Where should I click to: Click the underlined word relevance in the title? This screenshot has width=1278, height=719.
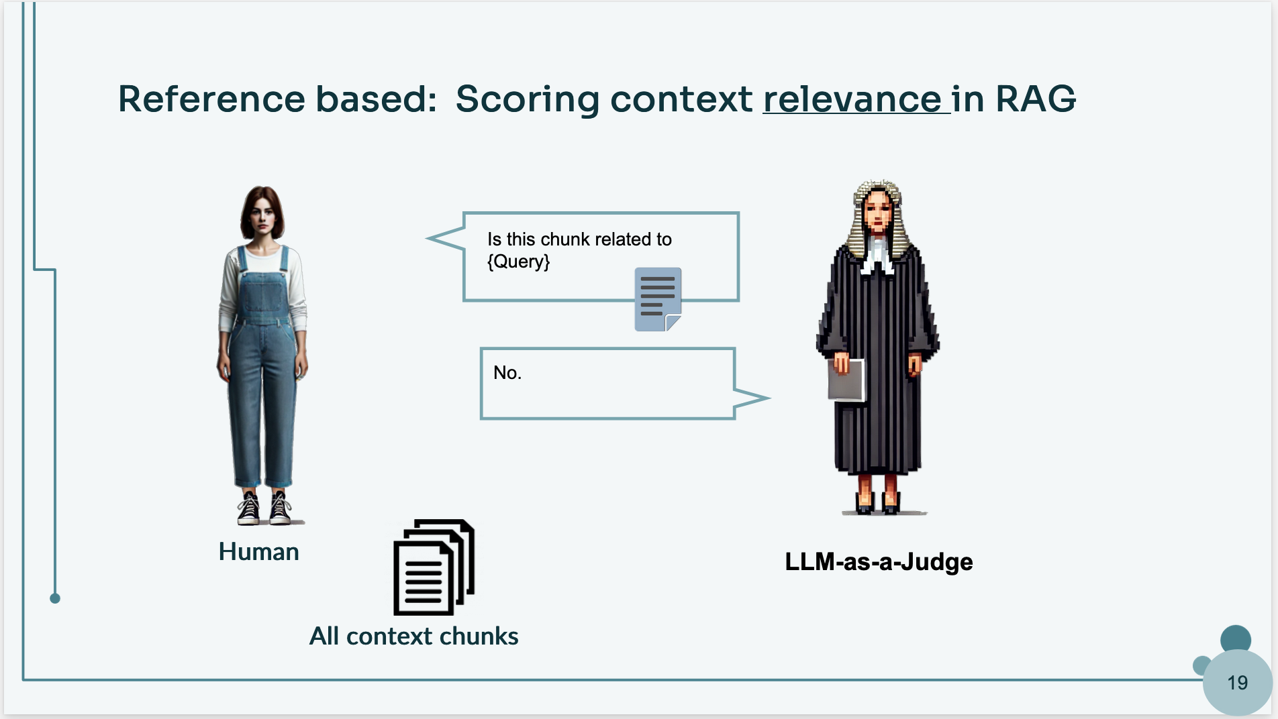[x=852, y=99]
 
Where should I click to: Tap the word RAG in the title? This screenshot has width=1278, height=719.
[x=1036, y=99]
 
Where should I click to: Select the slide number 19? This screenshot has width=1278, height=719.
[x=1237, y=683]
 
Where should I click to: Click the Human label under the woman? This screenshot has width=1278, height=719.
[x=259, y=552]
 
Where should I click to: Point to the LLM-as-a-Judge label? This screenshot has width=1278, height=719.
[x=879, y=561]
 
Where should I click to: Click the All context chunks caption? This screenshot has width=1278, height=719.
[x=413, y=636]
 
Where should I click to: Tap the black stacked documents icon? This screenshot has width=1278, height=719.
[x=434, y=567]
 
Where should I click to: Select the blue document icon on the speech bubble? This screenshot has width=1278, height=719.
[x=658, y=299]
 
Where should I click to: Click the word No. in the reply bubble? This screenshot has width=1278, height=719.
[x=507, y=373]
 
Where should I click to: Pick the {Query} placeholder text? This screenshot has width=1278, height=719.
[x=518, y=261]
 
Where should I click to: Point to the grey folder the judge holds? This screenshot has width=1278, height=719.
[x=846, y=380]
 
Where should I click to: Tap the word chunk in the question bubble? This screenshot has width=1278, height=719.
[x=565, y=239]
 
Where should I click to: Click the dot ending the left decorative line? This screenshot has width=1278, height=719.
[x=55, y=598]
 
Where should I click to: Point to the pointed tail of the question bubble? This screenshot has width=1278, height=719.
[x=428, y=238]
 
